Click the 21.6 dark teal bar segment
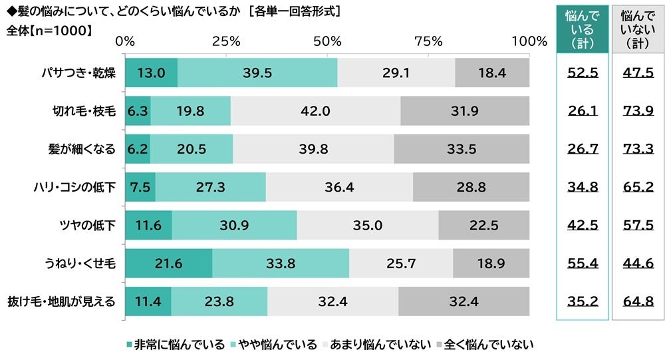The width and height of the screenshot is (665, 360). point(168,264)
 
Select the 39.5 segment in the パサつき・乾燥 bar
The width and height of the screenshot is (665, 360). point(257,73)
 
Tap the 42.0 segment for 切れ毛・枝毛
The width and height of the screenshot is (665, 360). point(315,110)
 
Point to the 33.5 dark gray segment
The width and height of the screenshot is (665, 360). point(462,149)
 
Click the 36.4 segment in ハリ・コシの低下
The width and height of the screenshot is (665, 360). point(339,187)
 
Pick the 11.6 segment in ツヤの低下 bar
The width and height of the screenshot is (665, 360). point(148,226)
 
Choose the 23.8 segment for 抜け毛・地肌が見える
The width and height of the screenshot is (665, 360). point(219,302)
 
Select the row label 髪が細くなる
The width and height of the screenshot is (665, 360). point(84,149)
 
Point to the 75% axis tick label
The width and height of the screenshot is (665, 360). point(428,41)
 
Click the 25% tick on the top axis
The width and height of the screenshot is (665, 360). point(226,41)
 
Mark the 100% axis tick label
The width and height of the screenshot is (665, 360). point(529,41)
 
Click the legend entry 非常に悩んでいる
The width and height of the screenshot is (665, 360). point(174,345)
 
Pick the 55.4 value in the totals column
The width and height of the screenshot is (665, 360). point(583,264)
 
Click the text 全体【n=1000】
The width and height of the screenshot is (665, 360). point(48,29)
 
